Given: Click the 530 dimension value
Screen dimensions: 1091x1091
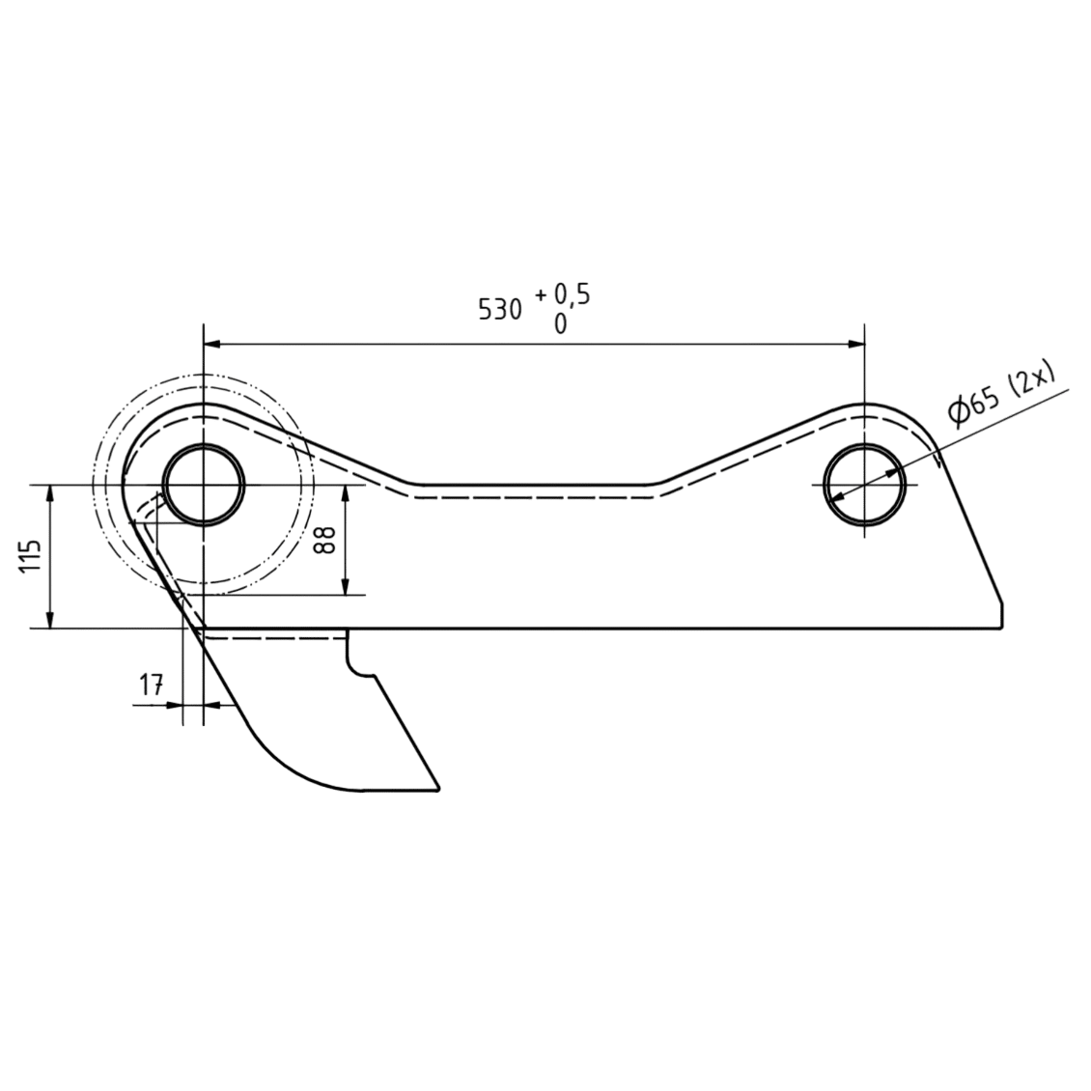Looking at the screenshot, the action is [499, 310].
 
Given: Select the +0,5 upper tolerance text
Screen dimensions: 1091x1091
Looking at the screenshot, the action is [563, 295].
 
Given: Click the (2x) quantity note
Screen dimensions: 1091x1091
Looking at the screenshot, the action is [1032, 378].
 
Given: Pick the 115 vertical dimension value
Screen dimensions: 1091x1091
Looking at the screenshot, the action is [31, 557].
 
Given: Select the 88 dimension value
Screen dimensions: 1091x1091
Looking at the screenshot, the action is [325, 540].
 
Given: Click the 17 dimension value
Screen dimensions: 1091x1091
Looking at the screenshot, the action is [151, 686].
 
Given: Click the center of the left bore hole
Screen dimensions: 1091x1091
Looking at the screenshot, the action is [203, 485].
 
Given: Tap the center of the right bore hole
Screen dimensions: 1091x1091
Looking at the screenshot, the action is [864, 485].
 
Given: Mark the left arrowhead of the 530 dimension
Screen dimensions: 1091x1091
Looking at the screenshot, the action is [211, 344].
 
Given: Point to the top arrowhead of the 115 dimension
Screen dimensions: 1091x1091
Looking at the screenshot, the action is [49, 493].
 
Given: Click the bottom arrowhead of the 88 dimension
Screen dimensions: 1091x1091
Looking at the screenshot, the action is [346, 587].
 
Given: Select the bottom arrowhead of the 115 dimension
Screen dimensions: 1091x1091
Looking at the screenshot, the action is [49, 620].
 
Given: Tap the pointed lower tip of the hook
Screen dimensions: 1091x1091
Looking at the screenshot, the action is [438, 789].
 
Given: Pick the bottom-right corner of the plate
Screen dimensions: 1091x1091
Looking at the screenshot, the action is [1002, 628].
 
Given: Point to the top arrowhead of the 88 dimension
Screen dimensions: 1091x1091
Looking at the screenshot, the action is [346, 493].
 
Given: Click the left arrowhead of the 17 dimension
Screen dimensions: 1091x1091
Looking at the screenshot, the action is [173, 705].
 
